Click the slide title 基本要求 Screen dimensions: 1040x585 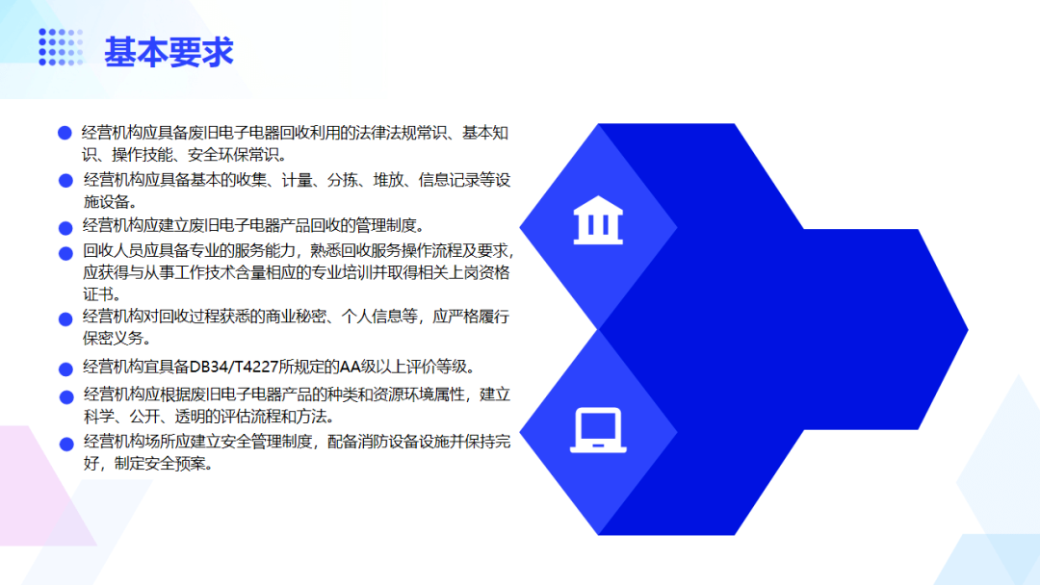click(x=169, y=52)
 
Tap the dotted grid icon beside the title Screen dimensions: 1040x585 click(x=61, y=47)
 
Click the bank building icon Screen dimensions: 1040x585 click(x=598, y=220)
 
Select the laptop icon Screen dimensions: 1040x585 click(x=598, y=431)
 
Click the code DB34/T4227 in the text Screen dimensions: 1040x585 click(x=233, y=367)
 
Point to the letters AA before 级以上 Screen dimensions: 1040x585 click(x=350, y=367)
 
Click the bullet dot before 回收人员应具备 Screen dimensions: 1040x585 click(x=65, y=254)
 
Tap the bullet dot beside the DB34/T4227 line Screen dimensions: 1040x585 click(x=65, y=369)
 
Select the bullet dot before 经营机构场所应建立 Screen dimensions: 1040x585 click(x=66, y=444)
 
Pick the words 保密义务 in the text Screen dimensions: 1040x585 click(x=113, y=338)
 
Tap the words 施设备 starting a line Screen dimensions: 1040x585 click(x=106, y=201)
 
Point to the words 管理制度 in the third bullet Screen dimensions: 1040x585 click(x=385, y=226)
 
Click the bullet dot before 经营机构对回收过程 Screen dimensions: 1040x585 click(x=65, y=319)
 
